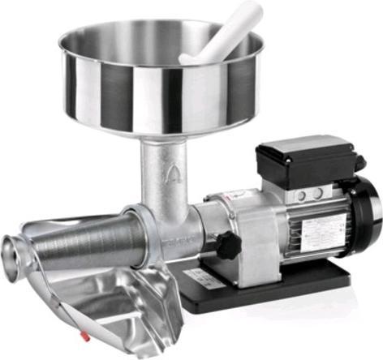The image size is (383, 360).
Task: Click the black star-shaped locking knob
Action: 228,243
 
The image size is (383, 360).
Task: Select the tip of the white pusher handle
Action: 253,10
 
